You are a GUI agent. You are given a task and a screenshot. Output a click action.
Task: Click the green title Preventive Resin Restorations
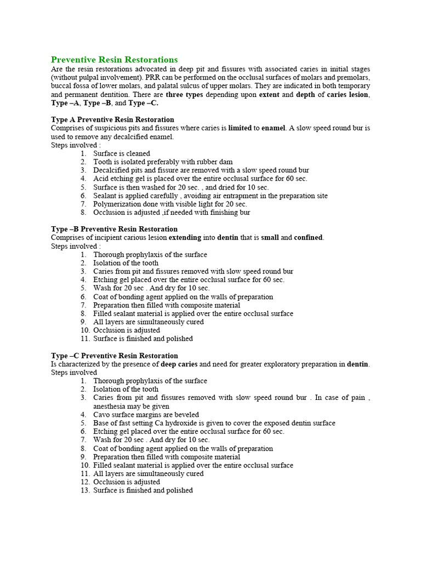click(114, 59)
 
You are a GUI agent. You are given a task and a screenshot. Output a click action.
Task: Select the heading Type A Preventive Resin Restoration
click(112, 119)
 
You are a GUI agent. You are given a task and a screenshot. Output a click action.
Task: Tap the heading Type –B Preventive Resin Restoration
click(114, 229)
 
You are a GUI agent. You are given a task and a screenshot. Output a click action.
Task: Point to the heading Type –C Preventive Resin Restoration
click(114, 356)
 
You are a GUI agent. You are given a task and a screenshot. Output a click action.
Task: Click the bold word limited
click(240, 128)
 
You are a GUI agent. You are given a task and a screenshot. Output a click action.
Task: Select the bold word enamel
click(272, 128)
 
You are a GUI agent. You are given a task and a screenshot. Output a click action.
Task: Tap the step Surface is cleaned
click(121, 154)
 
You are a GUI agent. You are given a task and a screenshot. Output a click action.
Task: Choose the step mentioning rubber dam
click(163, 162)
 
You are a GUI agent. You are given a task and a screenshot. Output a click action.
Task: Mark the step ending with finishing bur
click(172, 213)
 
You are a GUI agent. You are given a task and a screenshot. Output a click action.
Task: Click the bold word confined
click(308, 238)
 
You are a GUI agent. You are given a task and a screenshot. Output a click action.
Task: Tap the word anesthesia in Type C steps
click(112, 407)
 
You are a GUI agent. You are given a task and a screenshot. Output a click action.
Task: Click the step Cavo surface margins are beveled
click(146, 415)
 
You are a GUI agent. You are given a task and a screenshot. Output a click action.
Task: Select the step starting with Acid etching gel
click(200, 179)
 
